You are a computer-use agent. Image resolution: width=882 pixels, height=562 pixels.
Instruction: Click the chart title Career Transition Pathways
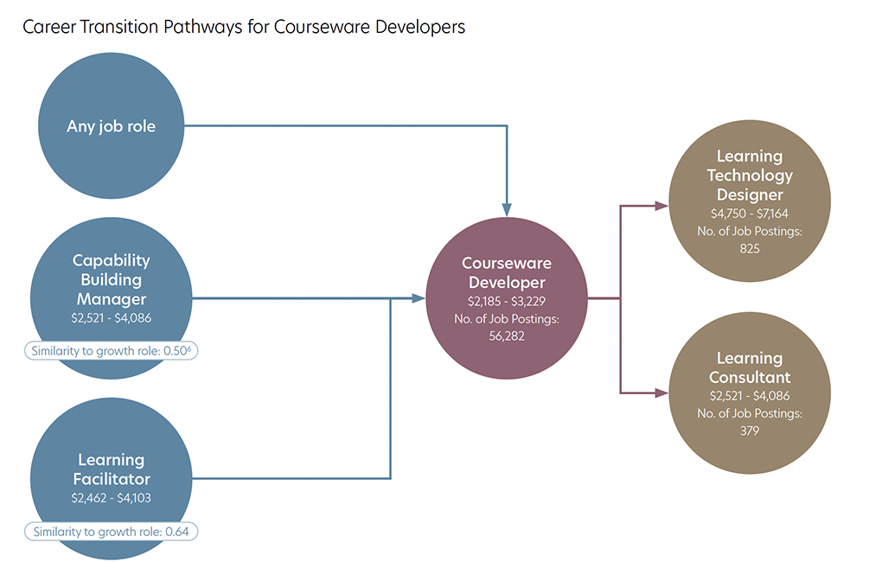point(244,27)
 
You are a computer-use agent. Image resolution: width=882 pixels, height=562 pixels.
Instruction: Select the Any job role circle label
point(111,126)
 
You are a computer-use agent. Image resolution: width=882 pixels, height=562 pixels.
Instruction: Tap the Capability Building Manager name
point(111,279)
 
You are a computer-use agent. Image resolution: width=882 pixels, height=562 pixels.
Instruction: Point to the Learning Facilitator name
point(111,469)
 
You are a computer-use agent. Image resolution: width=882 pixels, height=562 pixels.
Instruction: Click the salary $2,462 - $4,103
point(111,499)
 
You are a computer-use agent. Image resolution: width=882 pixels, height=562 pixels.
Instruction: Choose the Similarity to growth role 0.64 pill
point(111,531)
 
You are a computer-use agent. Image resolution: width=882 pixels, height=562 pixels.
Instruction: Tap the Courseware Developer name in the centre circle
point(506,272)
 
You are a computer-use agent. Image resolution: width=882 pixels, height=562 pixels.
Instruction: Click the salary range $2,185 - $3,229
point(506,302)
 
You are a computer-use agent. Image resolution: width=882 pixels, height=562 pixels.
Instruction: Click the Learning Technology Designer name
point(750,176)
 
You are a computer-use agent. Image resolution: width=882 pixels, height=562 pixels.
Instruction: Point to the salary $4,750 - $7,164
point(750,214)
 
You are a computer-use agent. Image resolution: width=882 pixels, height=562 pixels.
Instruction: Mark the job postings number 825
point(750,248)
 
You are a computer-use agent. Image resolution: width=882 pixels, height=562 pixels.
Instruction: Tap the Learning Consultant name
point(750,367)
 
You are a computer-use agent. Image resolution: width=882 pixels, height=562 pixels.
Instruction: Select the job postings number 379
point(750,431)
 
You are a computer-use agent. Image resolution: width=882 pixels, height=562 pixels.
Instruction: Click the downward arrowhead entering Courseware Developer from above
point(507,208)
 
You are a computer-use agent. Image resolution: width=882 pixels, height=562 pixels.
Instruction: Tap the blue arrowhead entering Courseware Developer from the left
point(419,298)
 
